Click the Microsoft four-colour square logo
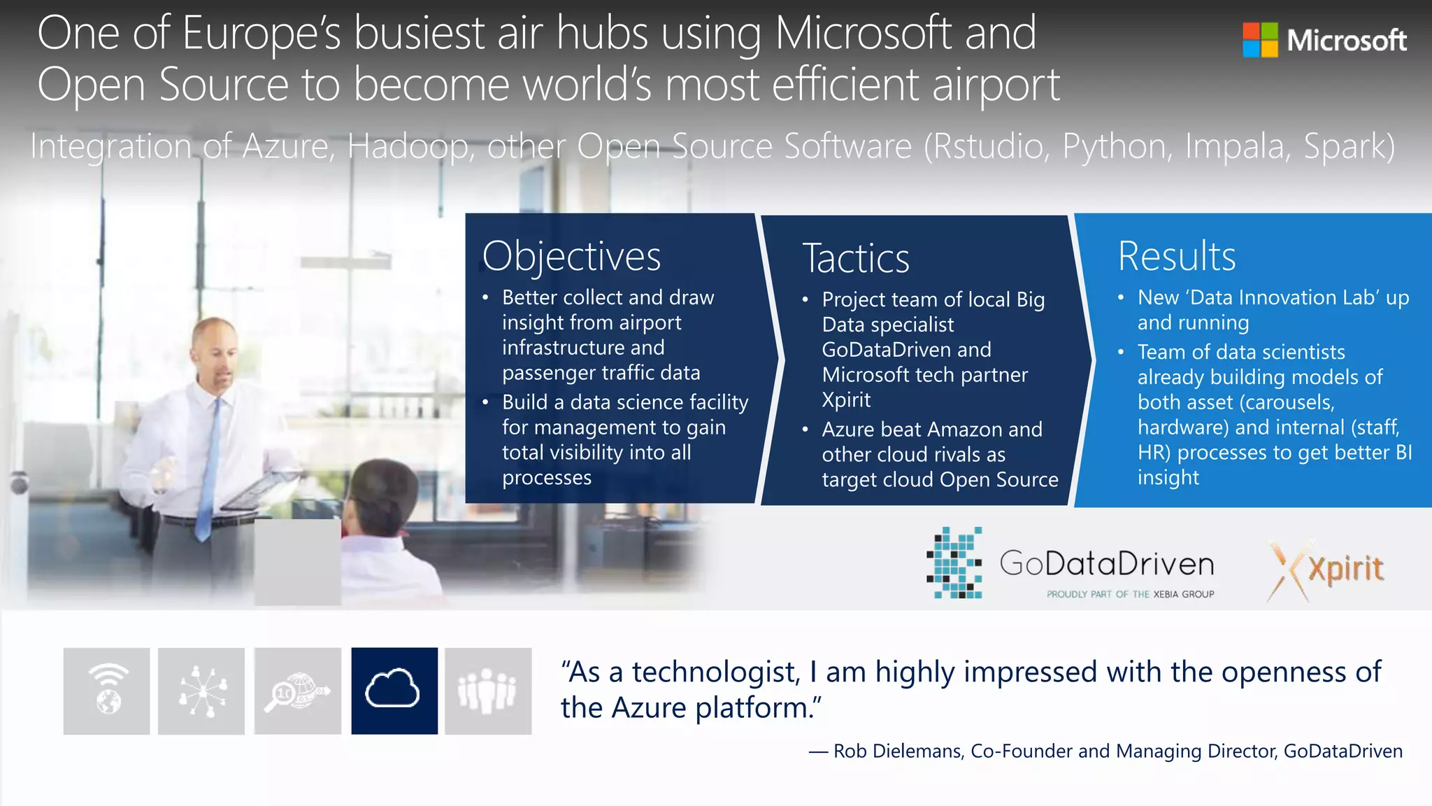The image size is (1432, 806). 1260,40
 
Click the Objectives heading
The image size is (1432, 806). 571,256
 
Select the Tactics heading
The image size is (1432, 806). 856,258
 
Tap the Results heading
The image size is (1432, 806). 1177,256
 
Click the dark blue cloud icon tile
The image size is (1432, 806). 394,691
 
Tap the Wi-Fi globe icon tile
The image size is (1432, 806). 106,691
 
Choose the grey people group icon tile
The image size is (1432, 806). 488,691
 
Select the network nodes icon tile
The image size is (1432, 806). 201,691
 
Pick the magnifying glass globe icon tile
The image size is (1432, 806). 298,691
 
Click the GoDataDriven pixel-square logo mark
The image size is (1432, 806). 955,563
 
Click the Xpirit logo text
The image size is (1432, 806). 1345,568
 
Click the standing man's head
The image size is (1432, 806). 215,350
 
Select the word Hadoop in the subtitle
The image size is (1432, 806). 409,147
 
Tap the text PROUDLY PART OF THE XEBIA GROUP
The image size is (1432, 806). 1130,594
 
